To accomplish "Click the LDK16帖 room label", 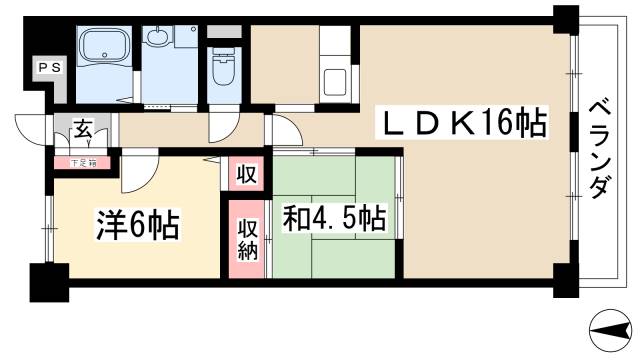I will pos(462,125).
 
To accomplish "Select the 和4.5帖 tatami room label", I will pos(334,217).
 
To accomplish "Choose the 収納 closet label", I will pos(248,239).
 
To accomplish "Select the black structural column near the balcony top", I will pos(566,19).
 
